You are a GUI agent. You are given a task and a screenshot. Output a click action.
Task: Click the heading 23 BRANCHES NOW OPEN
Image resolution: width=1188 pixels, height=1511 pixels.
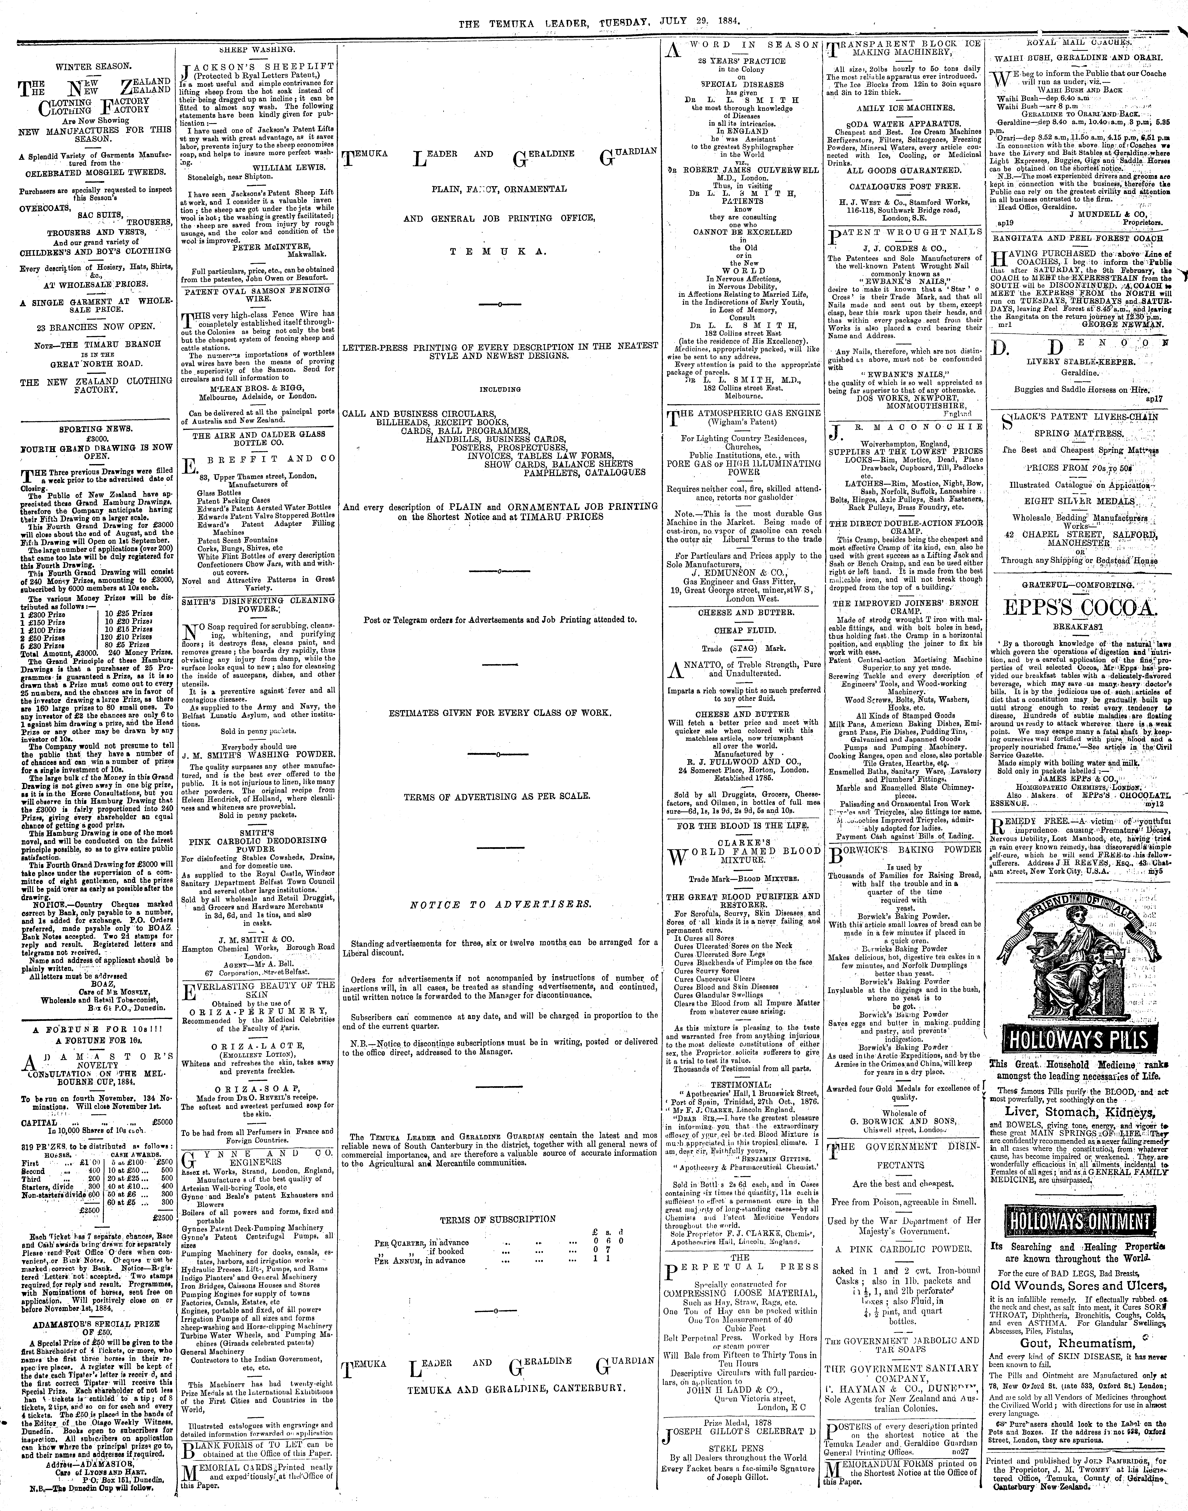click(95, 327)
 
